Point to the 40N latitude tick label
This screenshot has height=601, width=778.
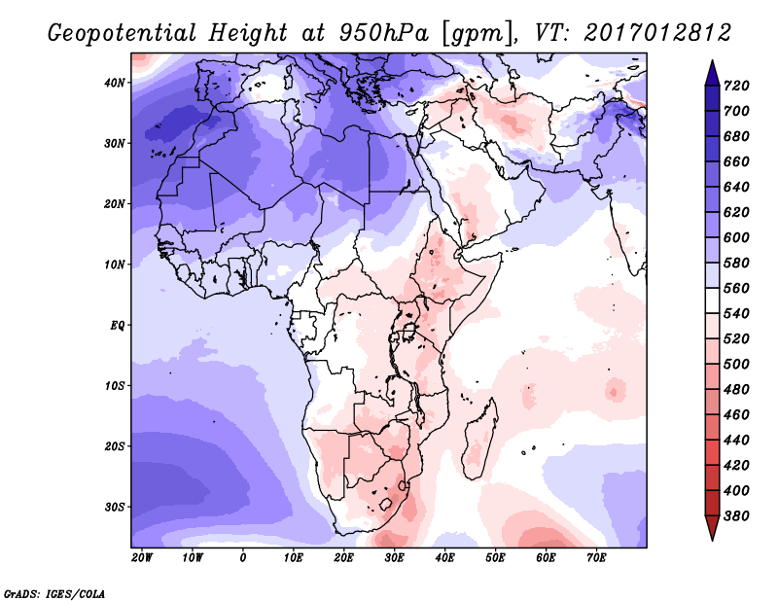click(115, 83)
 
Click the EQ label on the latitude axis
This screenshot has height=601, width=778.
click(117, 325)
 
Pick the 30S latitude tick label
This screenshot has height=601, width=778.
click(115, 507)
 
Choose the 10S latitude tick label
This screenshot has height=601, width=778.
click(115, 385)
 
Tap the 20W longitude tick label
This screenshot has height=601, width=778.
click(141, 558)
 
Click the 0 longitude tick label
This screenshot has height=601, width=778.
click(242, 558)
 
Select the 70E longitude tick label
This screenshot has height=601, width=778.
click(597, 558)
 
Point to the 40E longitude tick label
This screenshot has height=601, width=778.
click(445, 558)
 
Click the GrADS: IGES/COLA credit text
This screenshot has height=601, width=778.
click(54, 592)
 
